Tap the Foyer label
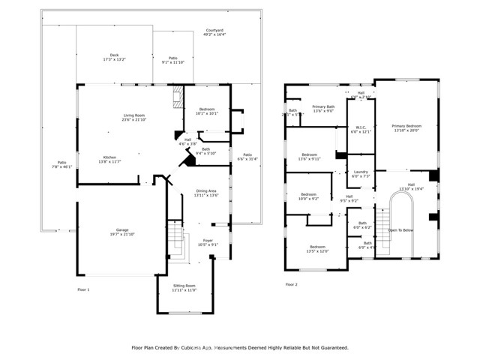[x=207, y=241]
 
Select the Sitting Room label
[x=184, y=287]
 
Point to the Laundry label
[x=361, y=174]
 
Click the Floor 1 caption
[x=83, y=289]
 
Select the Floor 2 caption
[x=291, y=284]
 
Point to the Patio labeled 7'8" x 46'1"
[x=63, y=165]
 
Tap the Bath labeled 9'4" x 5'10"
[x=205, y=151]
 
